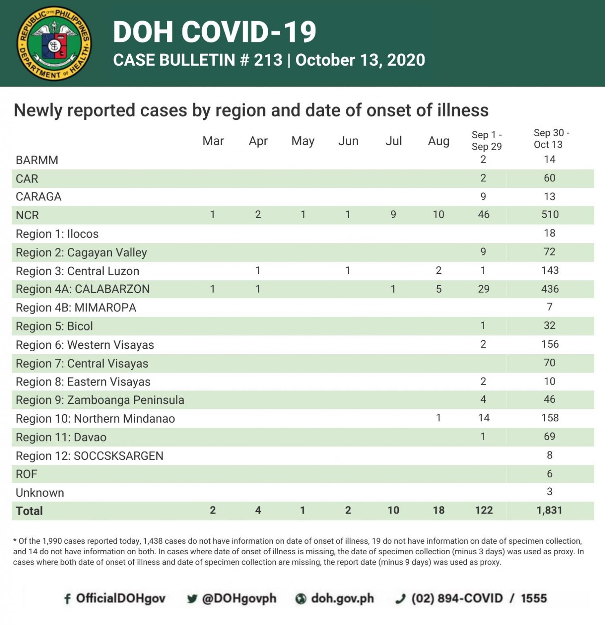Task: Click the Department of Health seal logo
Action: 54,43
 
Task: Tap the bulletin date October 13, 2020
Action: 360,60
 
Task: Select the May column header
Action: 303,141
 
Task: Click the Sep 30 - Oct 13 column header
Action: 550,139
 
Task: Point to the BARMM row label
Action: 37,160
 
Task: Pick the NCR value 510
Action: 550,215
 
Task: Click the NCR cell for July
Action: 393,215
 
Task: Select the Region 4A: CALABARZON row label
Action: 82,289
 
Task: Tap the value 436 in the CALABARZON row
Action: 550,289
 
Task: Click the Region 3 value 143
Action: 550,271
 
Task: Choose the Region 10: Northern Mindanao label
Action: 95,419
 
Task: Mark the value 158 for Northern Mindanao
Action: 550,418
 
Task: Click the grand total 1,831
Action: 549,510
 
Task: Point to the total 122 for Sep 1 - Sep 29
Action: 484,510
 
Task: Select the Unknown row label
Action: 40,493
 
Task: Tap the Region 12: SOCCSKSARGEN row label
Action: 89,456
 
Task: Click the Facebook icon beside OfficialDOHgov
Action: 67,599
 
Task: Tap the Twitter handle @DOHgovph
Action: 239,598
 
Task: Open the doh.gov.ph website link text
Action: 342,598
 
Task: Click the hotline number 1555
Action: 534,598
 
